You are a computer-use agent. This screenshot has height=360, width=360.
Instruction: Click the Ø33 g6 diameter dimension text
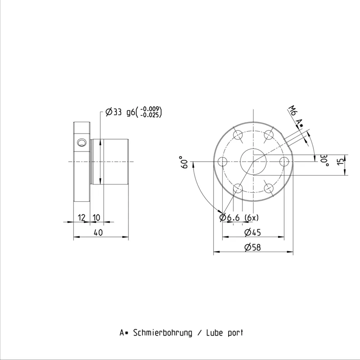point(120,112)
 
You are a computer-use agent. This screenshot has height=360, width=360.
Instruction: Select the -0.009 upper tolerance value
point(149,109)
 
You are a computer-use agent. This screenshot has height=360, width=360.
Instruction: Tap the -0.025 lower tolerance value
point(149,115)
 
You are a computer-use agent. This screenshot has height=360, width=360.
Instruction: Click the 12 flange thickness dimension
point(81,217)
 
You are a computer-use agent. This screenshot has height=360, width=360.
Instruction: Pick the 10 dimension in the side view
point(96,217)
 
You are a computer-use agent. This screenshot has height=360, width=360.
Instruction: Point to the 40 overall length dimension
point(98,233)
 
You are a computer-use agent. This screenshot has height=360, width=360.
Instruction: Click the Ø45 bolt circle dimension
point(253,232)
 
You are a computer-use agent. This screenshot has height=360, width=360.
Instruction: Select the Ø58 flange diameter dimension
point(253,247)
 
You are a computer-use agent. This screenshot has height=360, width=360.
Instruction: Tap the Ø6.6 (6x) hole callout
point(239,217)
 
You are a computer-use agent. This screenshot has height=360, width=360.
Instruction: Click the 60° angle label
point(185,162)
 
